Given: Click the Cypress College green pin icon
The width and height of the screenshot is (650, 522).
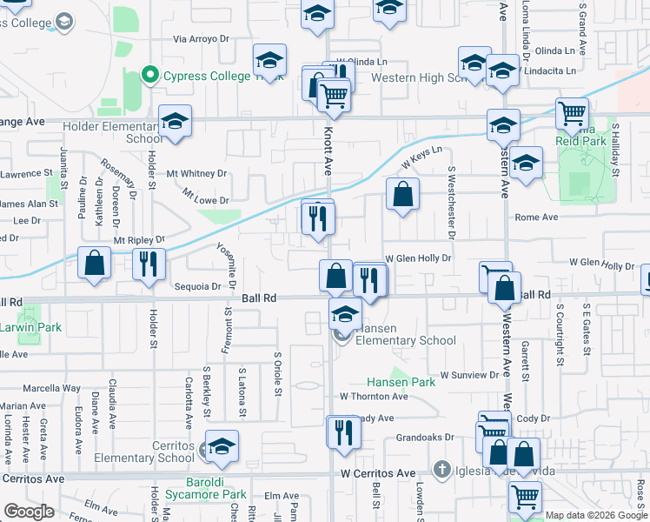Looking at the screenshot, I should click(x=149, y=76).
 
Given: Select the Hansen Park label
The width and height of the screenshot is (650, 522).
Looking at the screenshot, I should click(x=401, y=382).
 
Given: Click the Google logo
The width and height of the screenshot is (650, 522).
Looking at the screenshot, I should click(x=29, y=512).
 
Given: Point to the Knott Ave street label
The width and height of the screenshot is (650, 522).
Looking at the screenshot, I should click(x=328, y=150).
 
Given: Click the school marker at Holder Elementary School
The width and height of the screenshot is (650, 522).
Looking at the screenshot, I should click(x=175, y=124).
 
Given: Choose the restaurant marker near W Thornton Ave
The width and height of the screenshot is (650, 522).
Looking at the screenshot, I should click(x=343, y=432).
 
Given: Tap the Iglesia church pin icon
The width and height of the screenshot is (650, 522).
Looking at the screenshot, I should click(x=441, y=470).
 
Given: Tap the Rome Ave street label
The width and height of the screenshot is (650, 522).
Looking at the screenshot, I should click(x=536, y=217).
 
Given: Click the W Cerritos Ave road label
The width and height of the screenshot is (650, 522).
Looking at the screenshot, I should click(x=377, y=473).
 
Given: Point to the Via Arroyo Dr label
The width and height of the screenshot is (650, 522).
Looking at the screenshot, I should click(x=202, y=39).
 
